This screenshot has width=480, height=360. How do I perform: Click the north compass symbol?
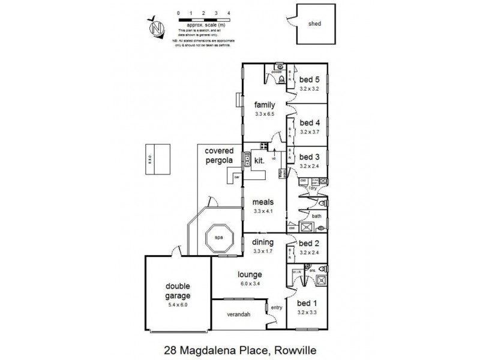[x=158, y=27]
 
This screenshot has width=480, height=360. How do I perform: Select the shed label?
[x=314, y=25]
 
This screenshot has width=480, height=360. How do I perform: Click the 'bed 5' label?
[x=310, y=79]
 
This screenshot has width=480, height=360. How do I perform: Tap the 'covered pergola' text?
[x=220, y=156]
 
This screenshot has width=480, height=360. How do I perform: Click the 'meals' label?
[x=264, y=202]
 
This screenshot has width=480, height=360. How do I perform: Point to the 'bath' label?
[x=317, y=216]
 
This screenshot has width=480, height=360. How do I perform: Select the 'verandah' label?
[x=238, y=314]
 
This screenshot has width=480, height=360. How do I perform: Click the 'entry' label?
[x=276, y=308]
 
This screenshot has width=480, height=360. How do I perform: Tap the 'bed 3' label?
[x=310, y=157]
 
